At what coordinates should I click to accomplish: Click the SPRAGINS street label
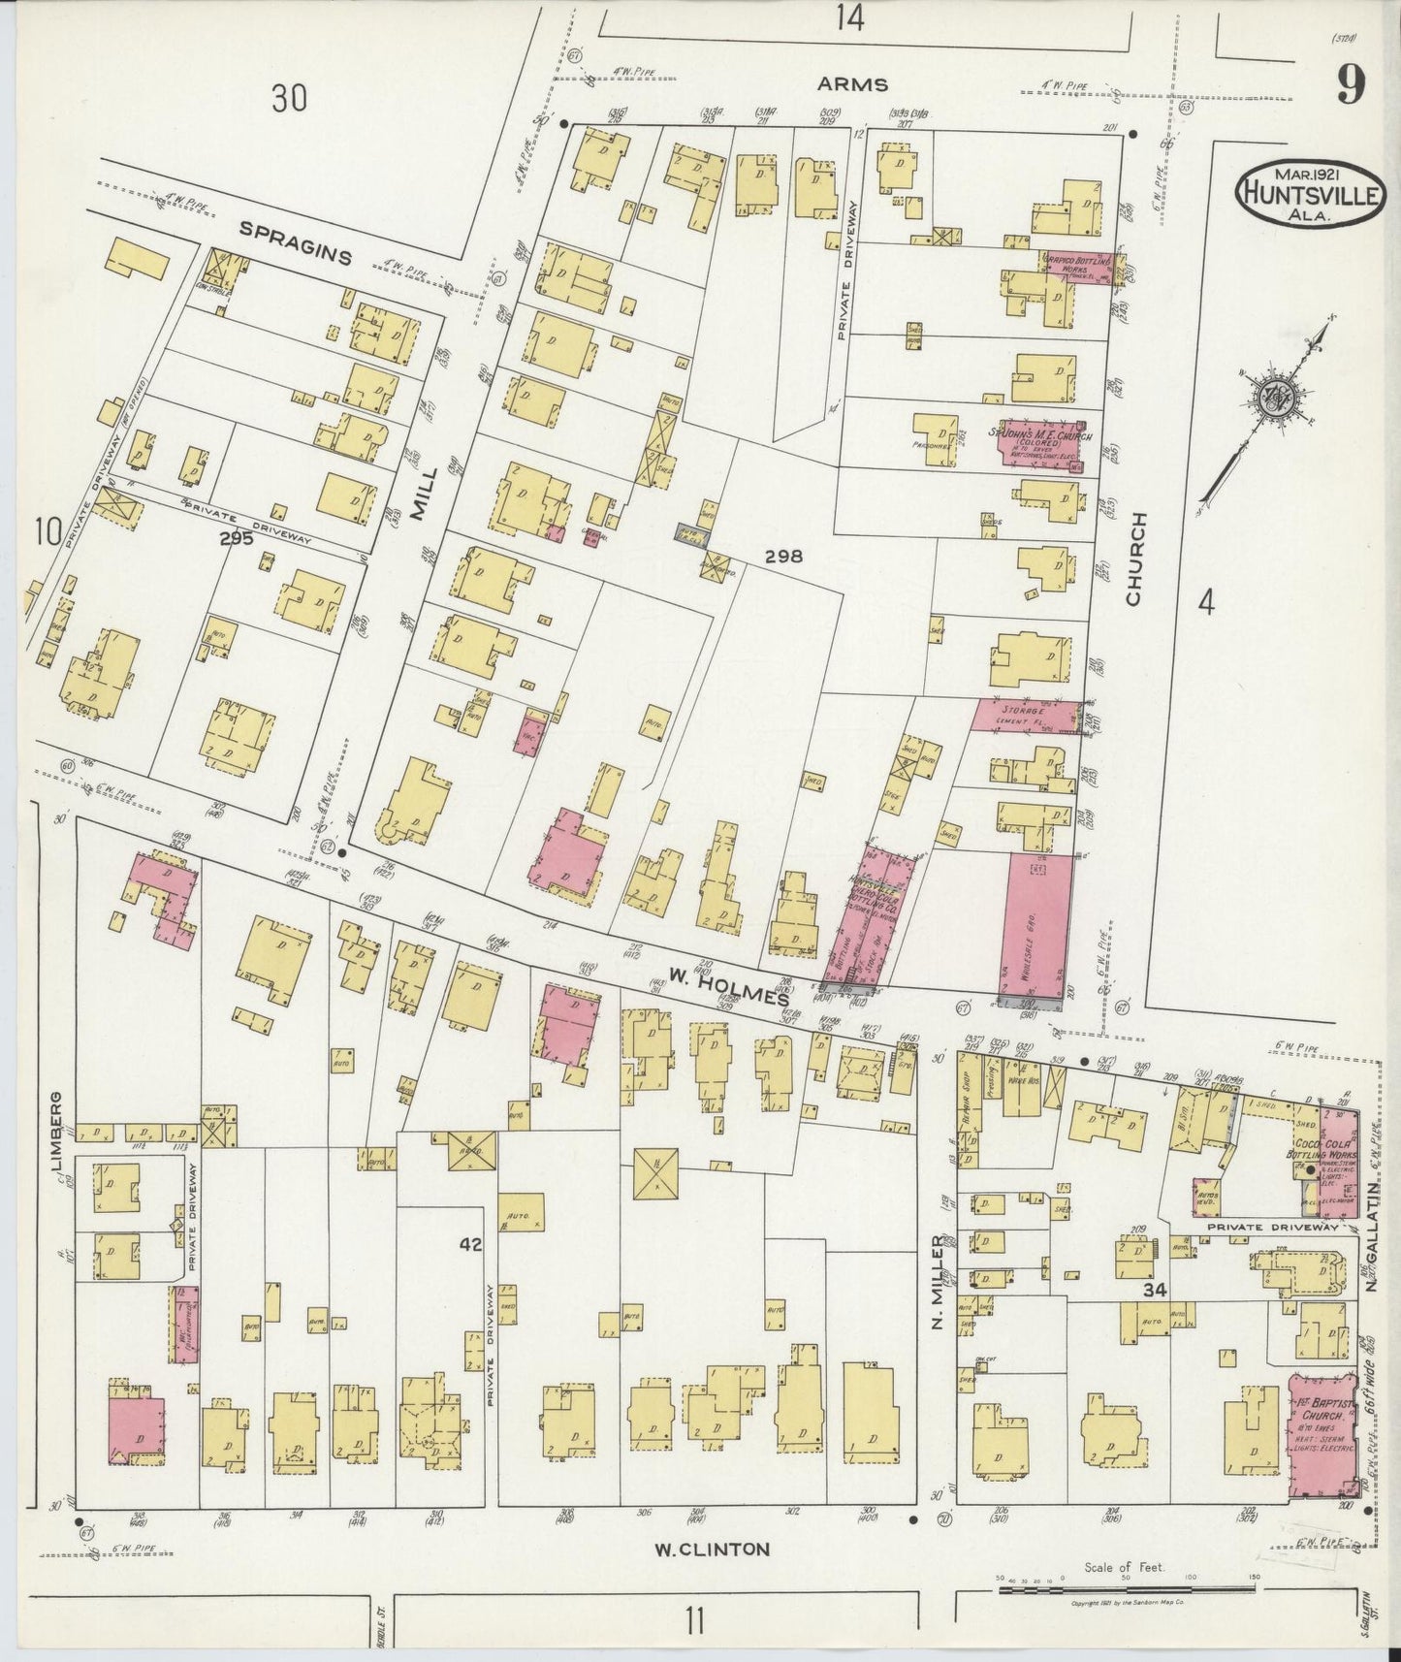295,242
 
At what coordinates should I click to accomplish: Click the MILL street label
420,494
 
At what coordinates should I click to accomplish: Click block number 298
783,557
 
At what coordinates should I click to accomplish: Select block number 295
236,539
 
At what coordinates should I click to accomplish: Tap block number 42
470,1244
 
